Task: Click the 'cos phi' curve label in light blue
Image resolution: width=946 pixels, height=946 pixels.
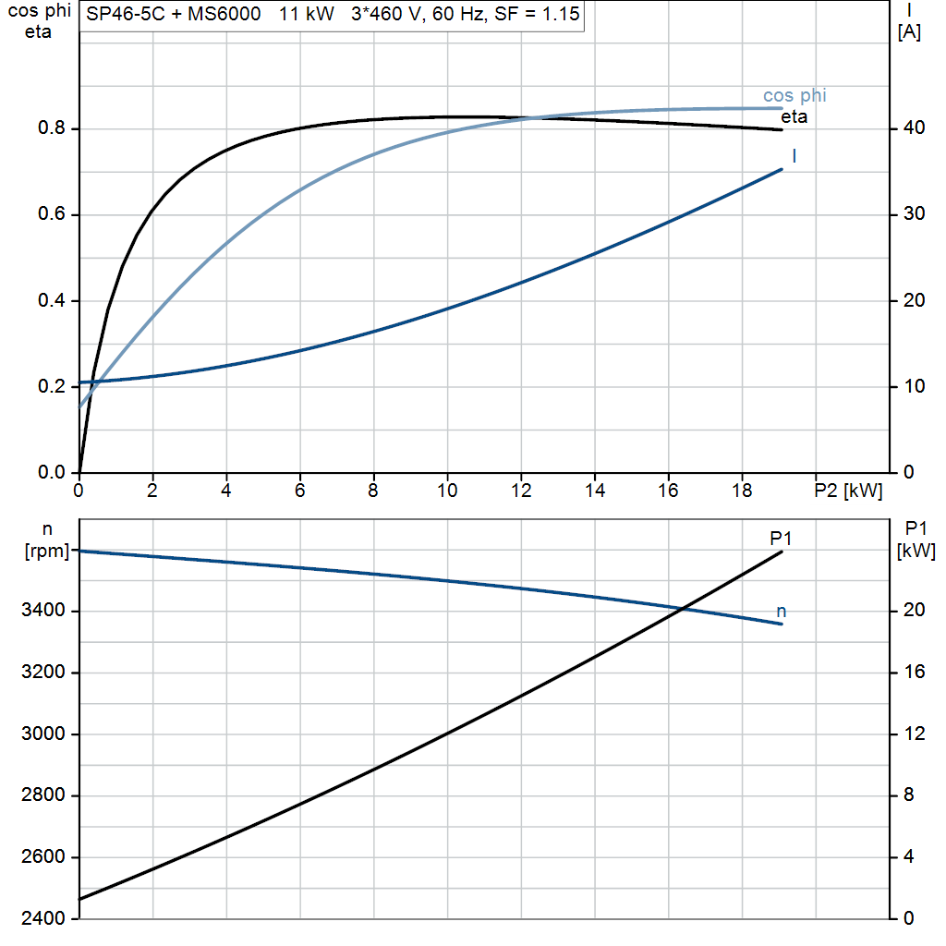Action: click(794, 96)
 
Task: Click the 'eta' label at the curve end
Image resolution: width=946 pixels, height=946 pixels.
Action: click(794, 117)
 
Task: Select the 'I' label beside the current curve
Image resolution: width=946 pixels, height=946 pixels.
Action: click(794, 156)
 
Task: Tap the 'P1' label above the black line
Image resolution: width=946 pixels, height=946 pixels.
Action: click(782, 539)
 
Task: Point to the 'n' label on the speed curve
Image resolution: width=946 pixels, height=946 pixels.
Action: click(782, 612)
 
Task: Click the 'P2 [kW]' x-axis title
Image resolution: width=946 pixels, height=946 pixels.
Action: click(848, 491)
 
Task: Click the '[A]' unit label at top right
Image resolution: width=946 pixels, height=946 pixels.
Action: click(909, 32)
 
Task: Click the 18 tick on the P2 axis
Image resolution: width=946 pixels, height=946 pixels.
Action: click(742, 491)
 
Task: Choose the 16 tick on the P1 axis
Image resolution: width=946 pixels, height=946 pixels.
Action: click(915, 673)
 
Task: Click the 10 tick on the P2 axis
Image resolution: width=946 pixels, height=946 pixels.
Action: click(447, 491)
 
